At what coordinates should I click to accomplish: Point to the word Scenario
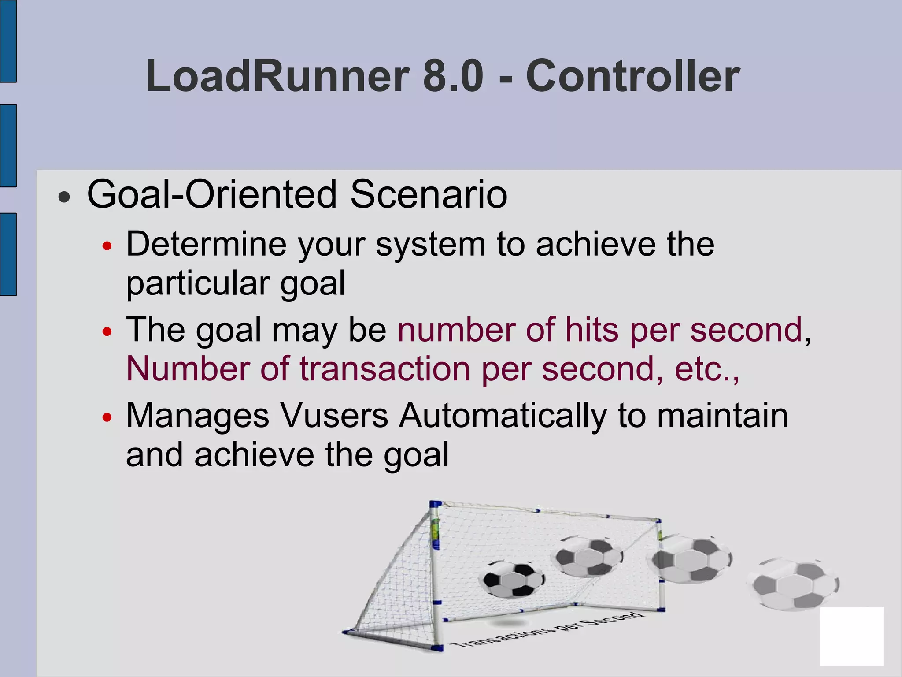[x=429, y=194]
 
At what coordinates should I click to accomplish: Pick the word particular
[x=197, y=283]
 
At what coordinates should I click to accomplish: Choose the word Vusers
[x=334, y=416]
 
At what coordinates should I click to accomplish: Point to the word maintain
[x=722, y=416]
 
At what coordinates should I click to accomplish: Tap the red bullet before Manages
[x=107, y=417]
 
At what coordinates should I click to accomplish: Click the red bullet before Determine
[x=107, y=246]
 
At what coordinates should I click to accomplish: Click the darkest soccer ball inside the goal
[x=512, y=579]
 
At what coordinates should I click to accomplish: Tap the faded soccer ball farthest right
[x=793, y=584]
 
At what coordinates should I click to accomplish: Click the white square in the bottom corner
[x=851, y=636]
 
